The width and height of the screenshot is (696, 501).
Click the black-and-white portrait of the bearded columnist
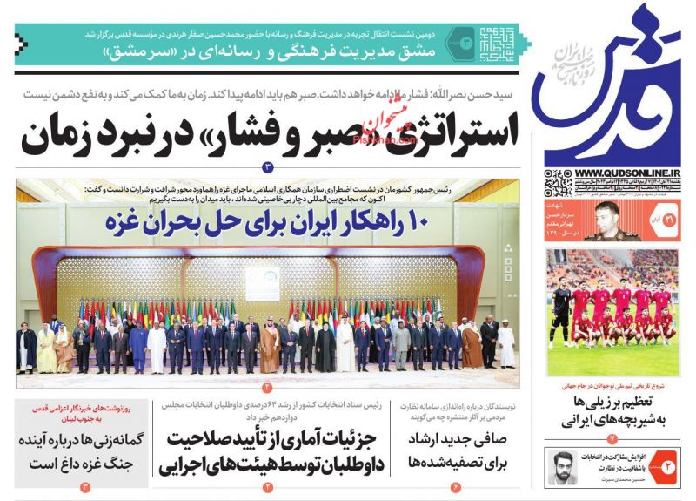561,468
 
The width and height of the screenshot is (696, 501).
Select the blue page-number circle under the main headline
268,166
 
